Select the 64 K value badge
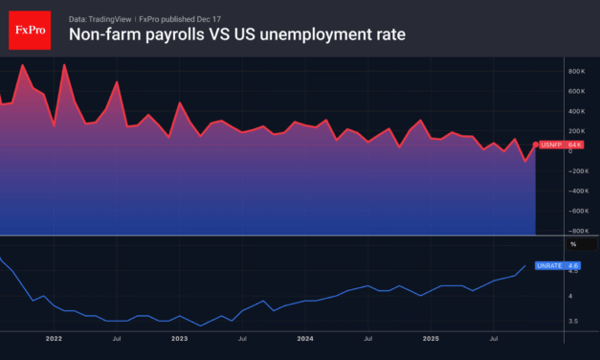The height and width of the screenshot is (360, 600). pyautogui.click(x=574, y=145)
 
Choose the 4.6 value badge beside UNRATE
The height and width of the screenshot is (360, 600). pyautogui.click(x=573, y=265)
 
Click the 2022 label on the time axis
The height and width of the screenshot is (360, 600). pyautogui.click(x=54, y=338)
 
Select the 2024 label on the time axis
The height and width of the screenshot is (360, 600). pyautogui.click(x=305, y=338)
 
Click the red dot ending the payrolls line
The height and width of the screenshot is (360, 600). pyautogui.click(x=535, y=145)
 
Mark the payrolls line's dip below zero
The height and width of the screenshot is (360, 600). pyautogui.click(x=524, y=161)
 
